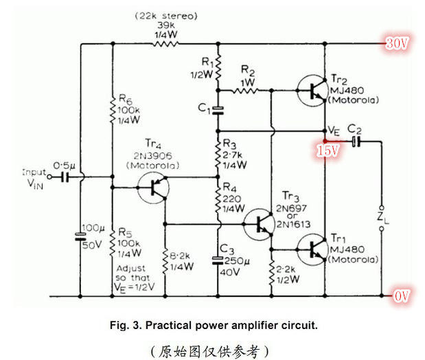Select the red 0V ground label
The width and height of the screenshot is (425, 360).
click(x=402, y=295)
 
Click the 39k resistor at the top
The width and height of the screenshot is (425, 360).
click(x=165, y=45)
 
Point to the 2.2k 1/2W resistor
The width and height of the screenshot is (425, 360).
click(x=271, y=271)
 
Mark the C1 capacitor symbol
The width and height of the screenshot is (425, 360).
click(x=218, y=109)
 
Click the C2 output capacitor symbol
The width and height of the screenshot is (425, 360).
click(x=355, y=141)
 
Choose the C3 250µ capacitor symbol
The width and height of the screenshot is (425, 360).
click(x=218, y=260)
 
